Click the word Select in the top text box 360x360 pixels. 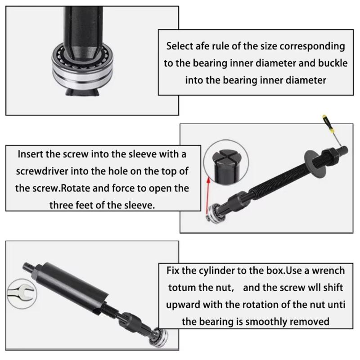(180, 46)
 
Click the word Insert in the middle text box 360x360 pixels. (32, 154)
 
